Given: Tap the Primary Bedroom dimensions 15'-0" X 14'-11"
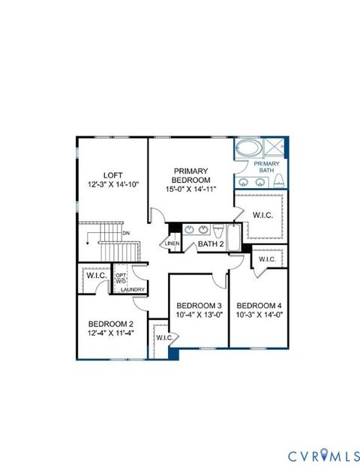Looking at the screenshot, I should point(190,190).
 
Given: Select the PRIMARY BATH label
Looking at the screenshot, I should point(266,167).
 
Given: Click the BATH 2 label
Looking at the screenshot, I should point(211,243).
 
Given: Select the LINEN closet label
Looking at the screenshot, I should point(172,243).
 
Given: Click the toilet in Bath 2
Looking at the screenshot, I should point(218,230).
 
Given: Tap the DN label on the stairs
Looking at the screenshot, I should point(126,232).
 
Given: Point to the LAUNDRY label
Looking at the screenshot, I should point(132,289).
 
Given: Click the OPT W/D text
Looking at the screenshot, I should point(120,278).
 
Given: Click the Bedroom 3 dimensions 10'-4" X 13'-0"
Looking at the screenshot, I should point(199,315).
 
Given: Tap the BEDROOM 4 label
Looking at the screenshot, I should point(259,305).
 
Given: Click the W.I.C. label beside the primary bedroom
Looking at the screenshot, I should point(262,216).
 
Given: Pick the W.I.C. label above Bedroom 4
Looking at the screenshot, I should point(267,259).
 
